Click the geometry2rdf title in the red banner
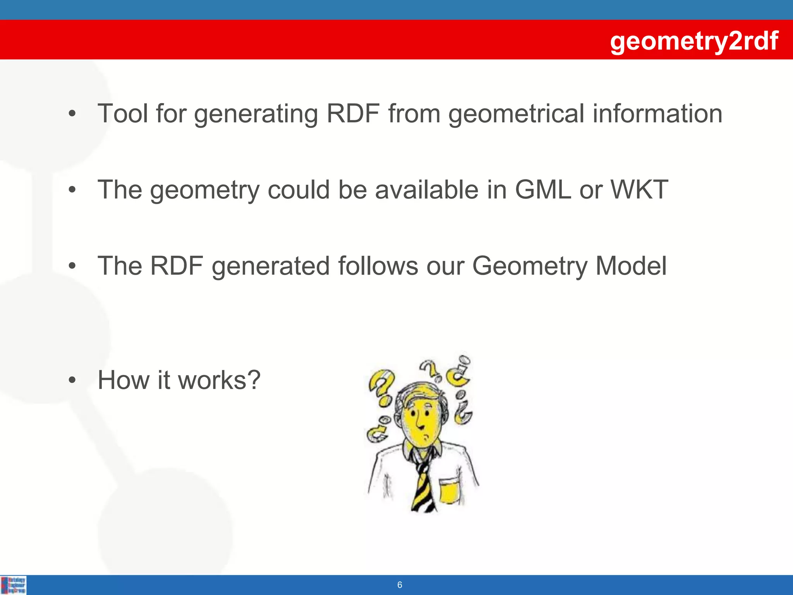(x=694, y=41)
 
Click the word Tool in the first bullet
(x=123, y=114)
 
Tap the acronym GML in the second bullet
(x=543, y=190)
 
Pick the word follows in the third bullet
(x=378, y=266)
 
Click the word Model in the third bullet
(x=631, y=266)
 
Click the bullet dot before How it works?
(x=72, y=381)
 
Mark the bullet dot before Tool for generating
(x=72, y=114)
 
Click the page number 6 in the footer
(x=400, y=585)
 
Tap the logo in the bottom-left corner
(x=14, y=585)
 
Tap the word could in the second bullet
(x=299, y=190)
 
